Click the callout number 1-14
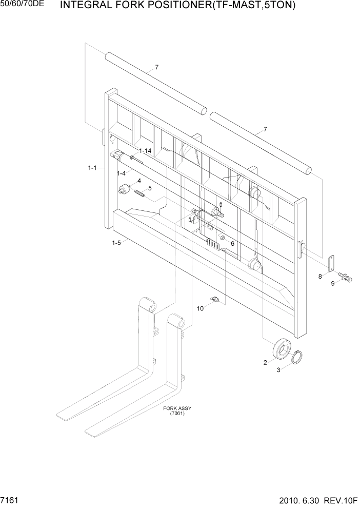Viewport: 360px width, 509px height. coord(145,151)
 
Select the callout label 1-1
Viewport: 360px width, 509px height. coord(93,168)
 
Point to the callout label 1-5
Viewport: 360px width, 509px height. coord(117,243)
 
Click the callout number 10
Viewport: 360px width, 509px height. coord(201,308)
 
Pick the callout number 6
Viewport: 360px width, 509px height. coord(232,244)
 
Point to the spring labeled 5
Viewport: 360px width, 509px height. coord(140,194)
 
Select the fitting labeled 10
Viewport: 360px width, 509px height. coord(215,299)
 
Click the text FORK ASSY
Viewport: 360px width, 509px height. coord(177,408)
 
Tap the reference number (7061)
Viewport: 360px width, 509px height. coord(177,414)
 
